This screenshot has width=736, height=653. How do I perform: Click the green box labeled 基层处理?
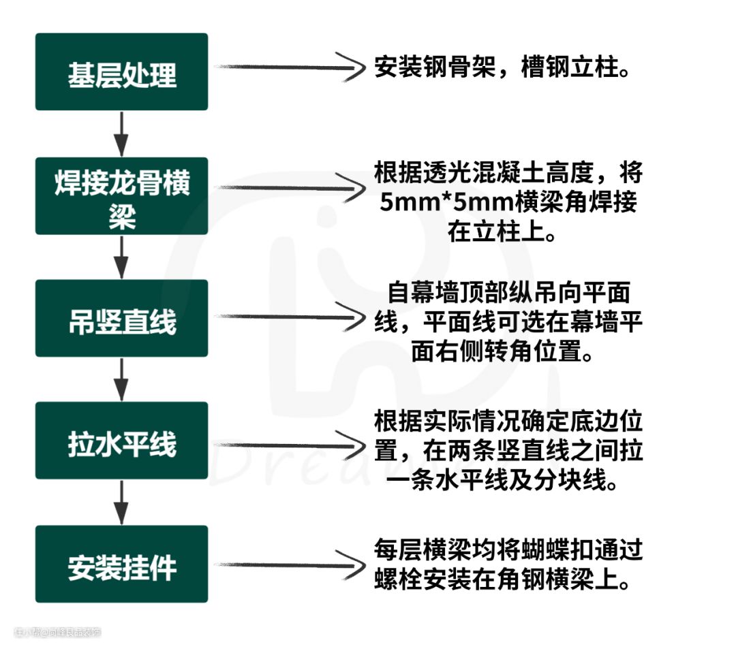pos(121,71)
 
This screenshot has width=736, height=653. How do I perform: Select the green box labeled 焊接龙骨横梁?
pos(121,195)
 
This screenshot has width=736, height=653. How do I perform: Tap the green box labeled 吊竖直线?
pos(121,318)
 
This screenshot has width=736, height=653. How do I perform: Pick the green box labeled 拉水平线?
pos(121,441)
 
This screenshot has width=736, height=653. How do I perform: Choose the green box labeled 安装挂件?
pos(121,564)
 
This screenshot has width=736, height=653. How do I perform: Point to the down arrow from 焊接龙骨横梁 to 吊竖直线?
pos(121,257)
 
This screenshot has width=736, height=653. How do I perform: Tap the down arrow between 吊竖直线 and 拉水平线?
pos(121,379)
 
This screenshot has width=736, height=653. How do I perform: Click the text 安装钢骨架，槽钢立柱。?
pos(502,69)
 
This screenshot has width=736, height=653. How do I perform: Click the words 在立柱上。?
pos(501,233)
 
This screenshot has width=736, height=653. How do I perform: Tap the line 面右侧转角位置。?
pos(501,352)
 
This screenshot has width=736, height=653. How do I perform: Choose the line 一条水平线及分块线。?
pos(501,481)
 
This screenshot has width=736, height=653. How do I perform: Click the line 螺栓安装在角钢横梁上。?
pos(501,580)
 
